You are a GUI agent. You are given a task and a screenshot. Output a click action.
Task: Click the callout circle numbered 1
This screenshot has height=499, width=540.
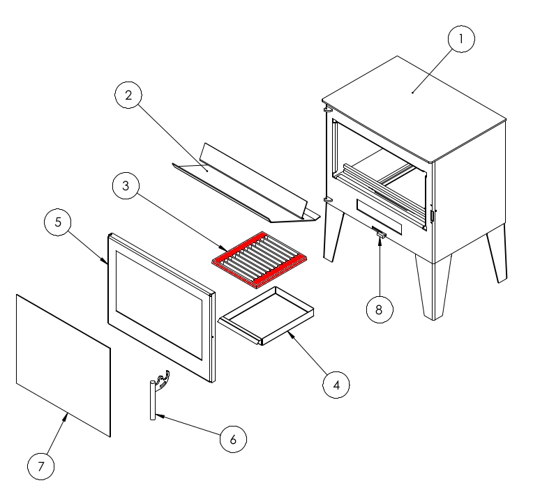point(461,39)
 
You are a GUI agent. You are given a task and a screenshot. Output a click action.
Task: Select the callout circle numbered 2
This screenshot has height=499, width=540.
point(128,95)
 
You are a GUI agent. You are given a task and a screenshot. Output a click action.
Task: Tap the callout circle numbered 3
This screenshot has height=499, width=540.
point(126,185)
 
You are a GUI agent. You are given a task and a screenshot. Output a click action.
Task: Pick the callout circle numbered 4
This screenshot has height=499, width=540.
point(336,385)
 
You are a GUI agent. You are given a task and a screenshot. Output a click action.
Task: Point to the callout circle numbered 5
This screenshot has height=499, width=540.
point(58,222)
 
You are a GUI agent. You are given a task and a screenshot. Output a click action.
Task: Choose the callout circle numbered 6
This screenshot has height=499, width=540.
point(233,439)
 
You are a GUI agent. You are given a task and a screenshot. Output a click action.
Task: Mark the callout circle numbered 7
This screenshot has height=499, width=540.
point(41,466)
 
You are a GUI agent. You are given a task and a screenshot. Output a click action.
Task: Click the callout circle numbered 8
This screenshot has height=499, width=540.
point(380,309)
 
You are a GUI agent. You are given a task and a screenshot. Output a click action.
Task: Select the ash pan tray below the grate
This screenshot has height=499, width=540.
point(266,316)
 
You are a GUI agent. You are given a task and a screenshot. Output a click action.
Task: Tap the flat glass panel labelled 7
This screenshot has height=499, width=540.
point(63,365)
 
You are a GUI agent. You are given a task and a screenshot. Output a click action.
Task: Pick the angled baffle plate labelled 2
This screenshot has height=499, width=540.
point(246,183)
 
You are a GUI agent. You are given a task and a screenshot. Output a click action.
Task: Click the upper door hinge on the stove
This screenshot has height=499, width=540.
point(327,109)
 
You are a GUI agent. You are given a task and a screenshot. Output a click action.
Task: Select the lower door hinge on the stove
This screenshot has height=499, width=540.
point(327,199)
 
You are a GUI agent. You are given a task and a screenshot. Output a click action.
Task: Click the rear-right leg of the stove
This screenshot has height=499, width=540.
point(497,254)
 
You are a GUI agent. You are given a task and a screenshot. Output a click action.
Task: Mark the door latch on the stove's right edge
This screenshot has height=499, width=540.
point(432,215)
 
